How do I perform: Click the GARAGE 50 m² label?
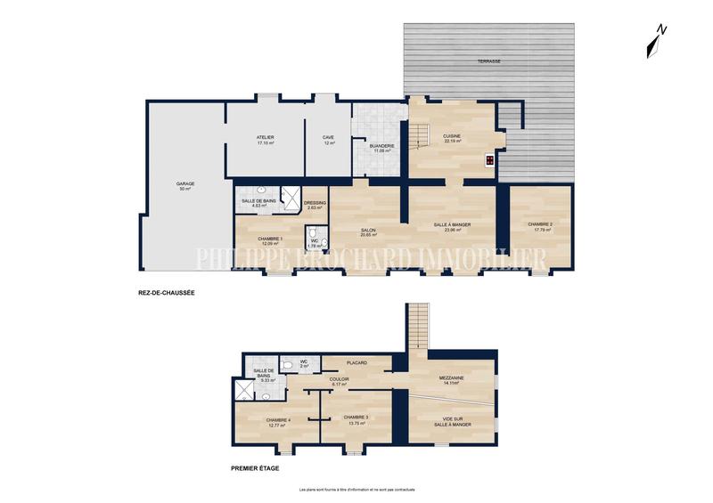pos(185,186)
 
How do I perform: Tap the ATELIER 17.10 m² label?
pos(266,140)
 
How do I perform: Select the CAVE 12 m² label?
pos(329,140)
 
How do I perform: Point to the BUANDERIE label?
pos(382,148)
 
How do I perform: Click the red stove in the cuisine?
pos(490,161)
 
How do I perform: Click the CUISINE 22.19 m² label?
pos(452,139)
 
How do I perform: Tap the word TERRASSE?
pos(488,61)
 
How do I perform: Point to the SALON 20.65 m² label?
pos(368,233)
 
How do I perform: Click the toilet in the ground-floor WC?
pos(324,242)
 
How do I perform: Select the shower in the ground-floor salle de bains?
pos(290,198)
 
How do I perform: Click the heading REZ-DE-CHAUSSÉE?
pos(160,293)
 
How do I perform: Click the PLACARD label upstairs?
pos(357,362)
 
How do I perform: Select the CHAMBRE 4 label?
pos(280,423)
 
